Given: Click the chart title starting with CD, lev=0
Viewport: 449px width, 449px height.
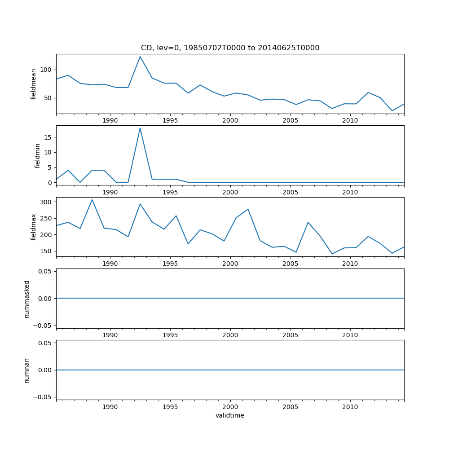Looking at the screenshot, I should tap(230, 48).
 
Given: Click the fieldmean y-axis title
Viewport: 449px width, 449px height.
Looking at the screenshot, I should tap(34, 84).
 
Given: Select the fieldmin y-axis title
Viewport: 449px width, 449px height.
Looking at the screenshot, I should tap(38, 155).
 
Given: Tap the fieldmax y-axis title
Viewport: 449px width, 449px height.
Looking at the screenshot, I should tap(34, 227).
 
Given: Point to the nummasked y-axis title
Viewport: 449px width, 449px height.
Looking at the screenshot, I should tap(27, 299).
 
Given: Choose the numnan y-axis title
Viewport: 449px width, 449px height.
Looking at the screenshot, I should tap(27, 370).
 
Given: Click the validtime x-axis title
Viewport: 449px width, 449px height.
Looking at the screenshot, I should tap(230, 415).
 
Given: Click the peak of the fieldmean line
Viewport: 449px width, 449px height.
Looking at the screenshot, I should tap(140, 57).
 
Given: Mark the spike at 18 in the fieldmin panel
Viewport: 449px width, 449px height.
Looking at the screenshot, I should tap(140, 128).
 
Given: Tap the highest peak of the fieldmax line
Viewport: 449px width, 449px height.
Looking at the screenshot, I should tap(92, 200).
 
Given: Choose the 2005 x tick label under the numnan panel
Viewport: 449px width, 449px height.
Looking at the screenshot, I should tap(290, 407).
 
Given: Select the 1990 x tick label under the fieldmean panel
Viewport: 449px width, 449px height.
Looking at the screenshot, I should tap(110, 120).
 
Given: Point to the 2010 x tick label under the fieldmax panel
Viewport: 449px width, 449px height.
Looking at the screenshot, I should tap(350, 264).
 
